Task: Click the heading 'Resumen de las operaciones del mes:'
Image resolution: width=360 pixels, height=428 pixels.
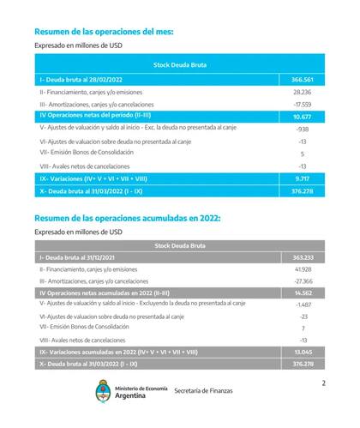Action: tap(104, 31)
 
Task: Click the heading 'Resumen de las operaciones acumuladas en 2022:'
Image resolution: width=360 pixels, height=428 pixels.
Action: tap(128, 218)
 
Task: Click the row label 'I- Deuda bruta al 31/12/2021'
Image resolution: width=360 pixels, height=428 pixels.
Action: tap(75, 256)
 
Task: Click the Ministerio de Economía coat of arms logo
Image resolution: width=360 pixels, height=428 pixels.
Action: tap(103, 392)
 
